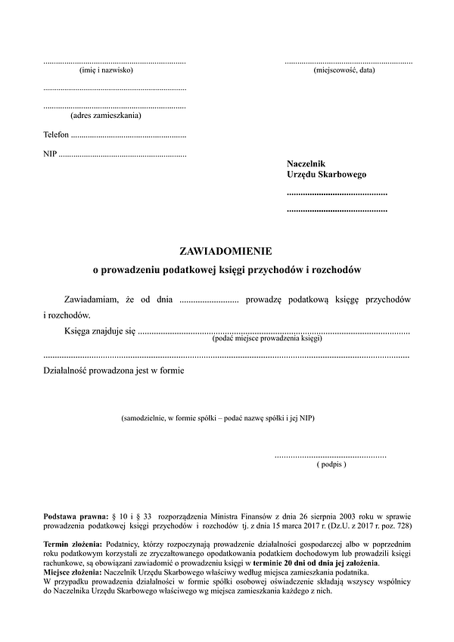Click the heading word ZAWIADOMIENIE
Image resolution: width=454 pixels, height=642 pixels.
(x=226, y=250)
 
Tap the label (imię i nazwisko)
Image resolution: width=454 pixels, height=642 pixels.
(x=106, y=70)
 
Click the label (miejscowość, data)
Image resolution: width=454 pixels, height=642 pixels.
(x=344, y=70)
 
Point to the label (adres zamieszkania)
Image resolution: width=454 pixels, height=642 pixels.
(x=106, y=116)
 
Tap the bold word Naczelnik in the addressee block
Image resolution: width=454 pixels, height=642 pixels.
(x=306, y=163)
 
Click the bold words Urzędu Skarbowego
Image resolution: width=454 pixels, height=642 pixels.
(x=326, y=175)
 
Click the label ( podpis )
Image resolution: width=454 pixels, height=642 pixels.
(x=331, y=464)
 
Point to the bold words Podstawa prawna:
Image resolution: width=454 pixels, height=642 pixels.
(x=76, y=516)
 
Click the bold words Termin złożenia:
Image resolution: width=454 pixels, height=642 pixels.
(x=73, y=544)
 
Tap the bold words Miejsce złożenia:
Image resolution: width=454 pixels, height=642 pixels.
(x=74, y=573)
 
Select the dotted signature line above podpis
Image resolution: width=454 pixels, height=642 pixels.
(x=331, y=456)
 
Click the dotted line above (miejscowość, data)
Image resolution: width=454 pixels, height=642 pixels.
(x=348, y=62)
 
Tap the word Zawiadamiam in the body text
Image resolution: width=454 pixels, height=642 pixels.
(x=93, y=300)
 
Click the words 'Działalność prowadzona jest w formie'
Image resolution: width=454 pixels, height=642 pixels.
(x=114, y=371)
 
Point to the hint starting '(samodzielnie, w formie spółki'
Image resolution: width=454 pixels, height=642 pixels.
(x=218, y=418)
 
